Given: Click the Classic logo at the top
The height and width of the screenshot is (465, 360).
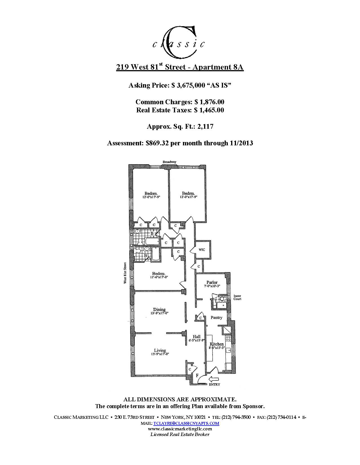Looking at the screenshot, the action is pyautogui.click(x=178, y=42).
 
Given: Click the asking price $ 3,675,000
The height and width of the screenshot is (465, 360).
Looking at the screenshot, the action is pyautogui.click(x=188, y=85).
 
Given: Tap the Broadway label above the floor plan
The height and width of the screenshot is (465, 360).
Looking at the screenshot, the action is pyautogui.click(x=169, y=162).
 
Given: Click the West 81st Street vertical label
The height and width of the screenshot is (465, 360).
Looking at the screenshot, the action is pyautogui.click(x=126, y=273).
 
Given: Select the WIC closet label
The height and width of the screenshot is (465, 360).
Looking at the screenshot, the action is pyautogui.click(x=202, y=250).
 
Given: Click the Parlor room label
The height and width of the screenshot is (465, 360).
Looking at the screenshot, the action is pyautogui.click(x=212, y=282).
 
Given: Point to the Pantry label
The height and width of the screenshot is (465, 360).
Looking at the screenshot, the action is pyautogui.click(x=217, y=317).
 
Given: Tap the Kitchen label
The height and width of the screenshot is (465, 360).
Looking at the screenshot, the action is pyautogui.click(x=217, y=344).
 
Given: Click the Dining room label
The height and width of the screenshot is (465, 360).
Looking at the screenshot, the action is pyautogui.click(x=159, y=310).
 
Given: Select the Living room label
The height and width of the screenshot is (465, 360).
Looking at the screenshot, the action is pyautogui.click(x=160, y=350).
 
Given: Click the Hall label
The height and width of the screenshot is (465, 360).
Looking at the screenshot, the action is pyautogui.click(x=196, y=337).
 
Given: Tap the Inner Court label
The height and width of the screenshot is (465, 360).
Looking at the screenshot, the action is pyautogui.click(x=237, y=297).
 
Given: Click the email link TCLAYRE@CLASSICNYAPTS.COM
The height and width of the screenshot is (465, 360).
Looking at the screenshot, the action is pyautogui.click(x=186, y=423).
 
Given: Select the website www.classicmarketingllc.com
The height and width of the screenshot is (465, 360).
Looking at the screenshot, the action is pyautogui.click(x=180, y=429).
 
